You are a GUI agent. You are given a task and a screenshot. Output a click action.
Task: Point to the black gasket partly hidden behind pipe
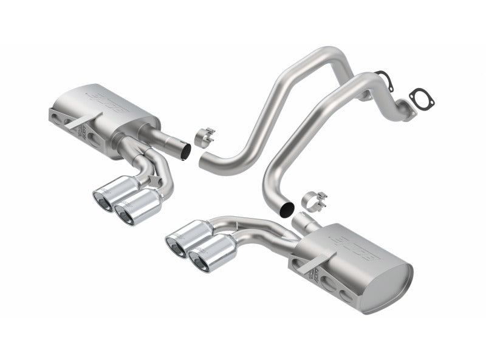click(x=382, y=77)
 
